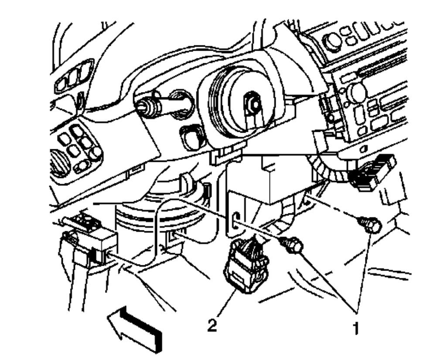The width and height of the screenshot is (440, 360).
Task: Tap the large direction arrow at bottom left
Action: tap(135, 326)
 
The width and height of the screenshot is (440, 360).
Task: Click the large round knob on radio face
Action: tap(358, 92)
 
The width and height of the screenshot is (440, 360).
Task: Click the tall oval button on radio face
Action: tap(359, 115)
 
